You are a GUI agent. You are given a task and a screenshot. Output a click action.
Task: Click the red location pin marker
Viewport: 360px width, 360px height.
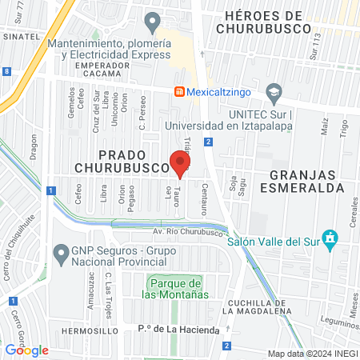[180, 163]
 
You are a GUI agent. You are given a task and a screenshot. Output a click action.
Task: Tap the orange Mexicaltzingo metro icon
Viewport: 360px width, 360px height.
[181, 92]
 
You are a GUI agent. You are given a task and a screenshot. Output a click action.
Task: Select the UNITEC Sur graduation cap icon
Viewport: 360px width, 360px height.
[274, 92]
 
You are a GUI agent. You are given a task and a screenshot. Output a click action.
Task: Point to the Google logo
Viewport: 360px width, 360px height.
[26, 350]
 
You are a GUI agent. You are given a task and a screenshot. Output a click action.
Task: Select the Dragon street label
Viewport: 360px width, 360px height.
[34, 146]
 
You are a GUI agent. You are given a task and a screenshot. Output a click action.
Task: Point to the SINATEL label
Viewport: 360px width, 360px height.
[21, 37]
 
